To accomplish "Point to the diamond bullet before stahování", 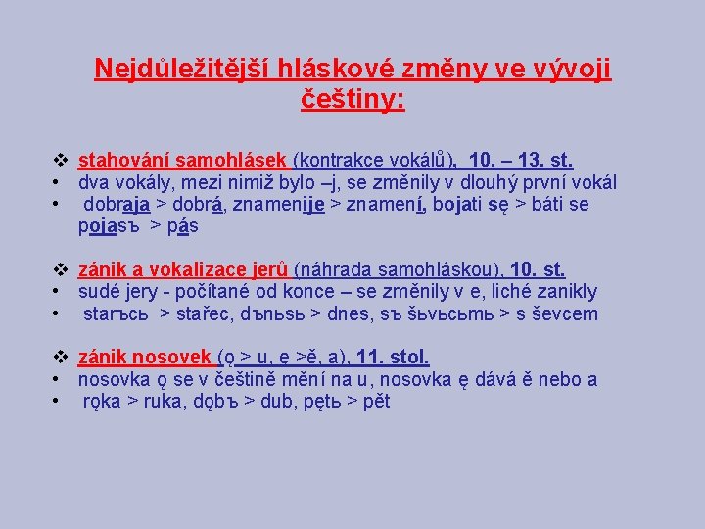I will [x=59, y=160].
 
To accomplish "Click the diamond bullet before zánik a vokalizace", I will [x=59, y=269].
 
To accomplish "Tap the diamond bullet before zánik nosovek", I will [x=59, y=358].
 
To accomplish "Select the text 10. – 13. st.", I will [x=521, y=160].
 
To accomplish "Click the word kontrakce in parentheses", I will [x=343, y=160].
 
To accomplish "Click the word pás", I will [x=183, y=226].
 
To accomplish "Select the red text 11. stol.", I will [x=394, y=358].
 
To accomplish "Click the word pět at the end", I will [x=375, y=402].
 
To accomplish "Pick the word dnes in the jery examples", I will [x=359, y=313].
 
